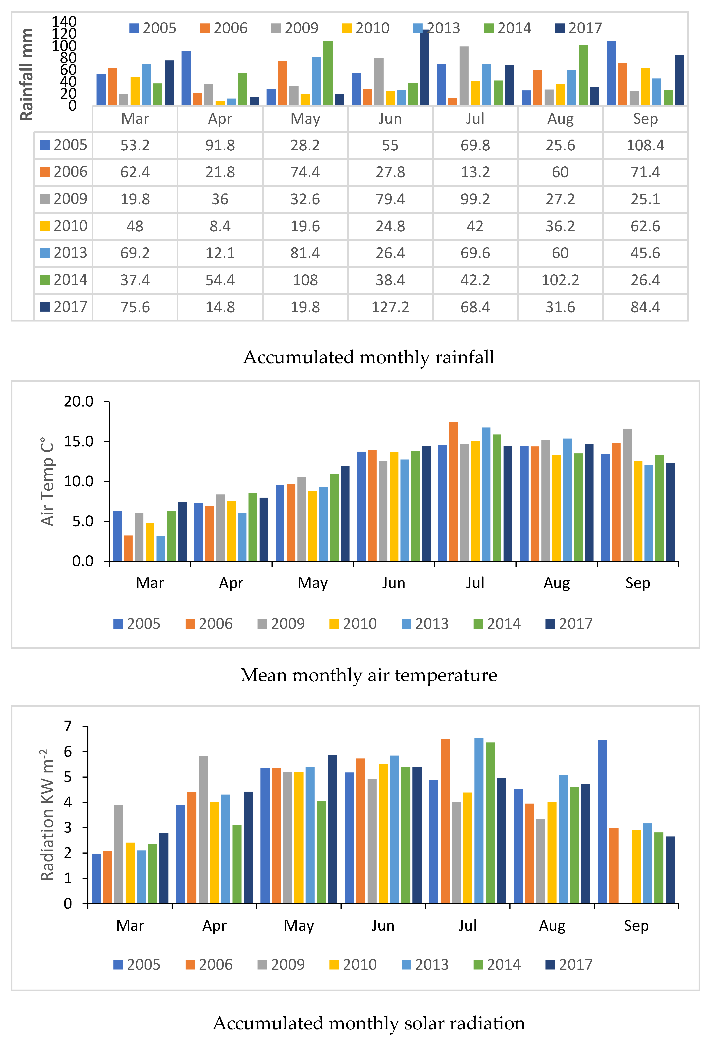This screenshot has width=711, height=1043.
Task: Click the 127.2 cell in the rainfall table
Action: (x=390, y=307)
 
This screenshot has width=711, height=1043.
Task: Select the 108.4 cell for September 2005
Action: (x=645, y=145)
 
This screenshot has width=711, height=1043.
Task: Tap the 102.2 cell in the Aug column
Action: (x=560, y=280)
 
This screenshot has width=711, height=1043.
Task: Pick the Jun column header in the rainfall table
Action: (x=390, y=119)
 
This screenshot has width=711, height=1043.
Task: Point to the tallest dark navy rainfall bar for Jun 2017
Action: (x=424, y=67)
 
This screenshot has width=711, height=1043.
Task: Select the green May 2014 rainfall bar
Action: (x=328, y=73)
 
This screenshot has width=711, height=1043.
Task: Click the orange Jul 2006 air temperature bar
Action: (x=453, y=492)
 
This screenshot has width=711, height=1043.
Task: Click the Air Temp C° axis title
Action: (x=48, y=481)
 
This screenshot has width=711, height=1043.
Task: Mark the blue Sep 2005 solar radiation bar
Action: (x=602, y=821)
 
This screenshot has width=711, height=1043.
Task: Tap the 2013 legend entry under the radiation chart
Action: (x=425, y=965)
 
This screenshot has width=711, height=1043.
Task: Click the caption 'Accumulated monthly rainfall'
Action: (x=368, y=357)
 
